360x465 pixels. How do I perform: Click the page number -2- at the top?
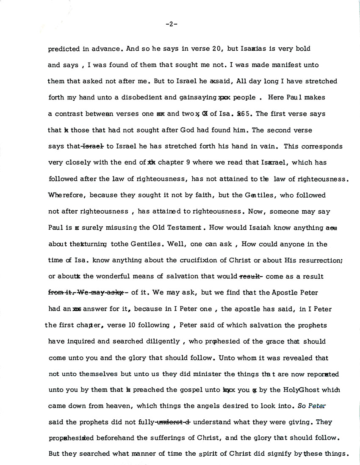(172, 24)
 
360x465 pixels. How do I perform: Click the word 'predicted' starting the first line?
(64, 49)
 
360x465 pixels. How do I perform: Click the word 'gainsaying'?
(196, 97)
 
